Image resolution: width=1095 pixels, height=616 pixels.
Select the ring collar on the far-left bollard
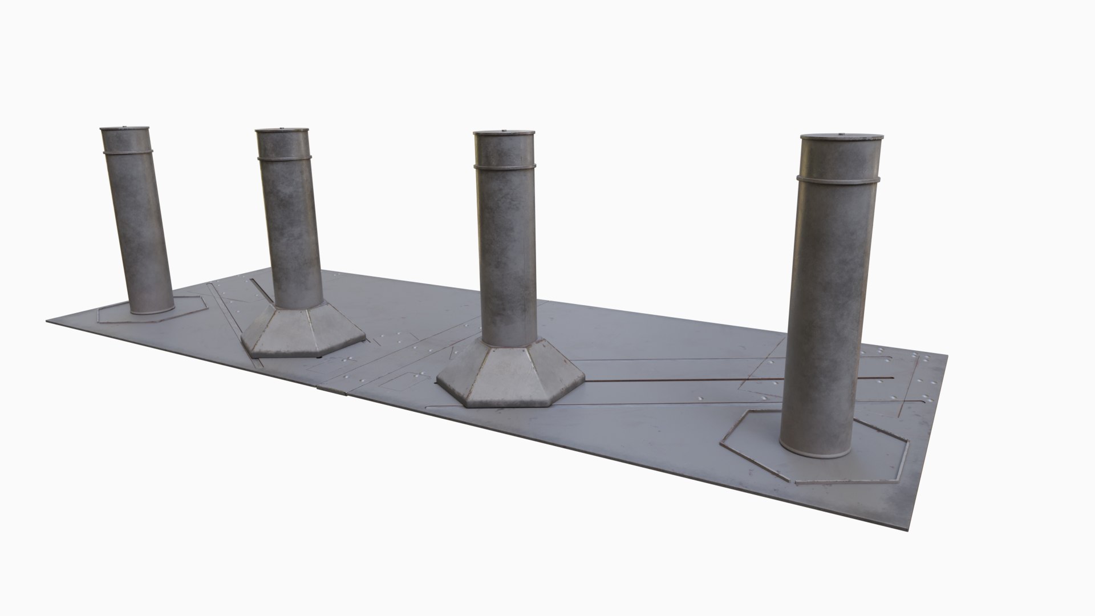[128, 152]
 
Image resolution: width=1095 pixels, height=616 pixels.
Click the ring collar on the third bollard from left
[505, 166]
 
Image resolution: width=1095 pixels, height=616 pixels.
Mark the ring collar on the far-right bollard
[838, 180]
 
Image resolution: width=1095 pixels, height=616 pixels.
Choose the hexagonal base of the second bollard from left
[302, 334]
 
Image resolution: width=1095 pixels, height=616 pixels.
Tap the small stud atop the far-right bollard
[842, 135]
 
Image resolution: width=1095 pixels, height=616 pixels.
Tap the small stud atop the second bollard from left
[282, 128]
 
